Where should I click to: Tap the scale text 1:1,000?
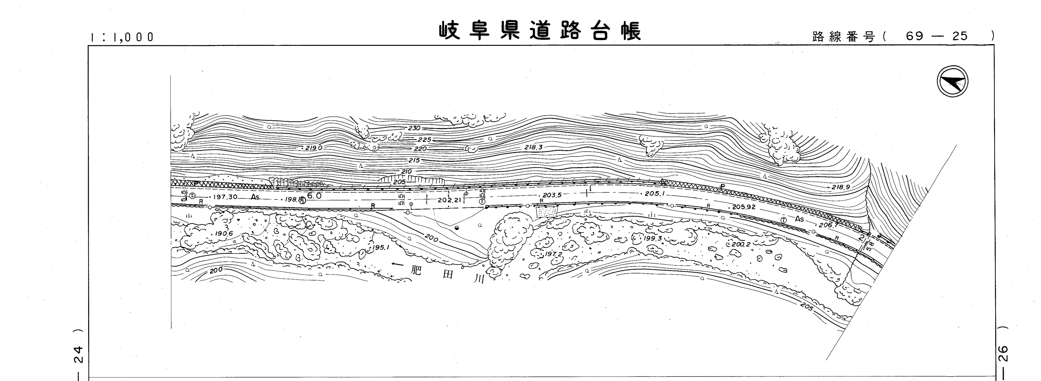click(x=123, y=37)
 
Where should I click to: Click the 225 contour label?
click(x=424, y=140)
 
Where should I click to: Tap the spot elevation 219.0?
click(x=314, y=148)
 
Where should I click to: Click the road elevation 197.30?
click(x=225, y=197)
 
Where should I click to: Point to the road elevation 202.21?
click(x=449, y=200)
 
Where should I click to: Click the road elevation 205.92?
click(x=744, y=207)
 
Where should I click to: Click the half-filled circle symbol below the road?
click(x=457, y=229)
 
